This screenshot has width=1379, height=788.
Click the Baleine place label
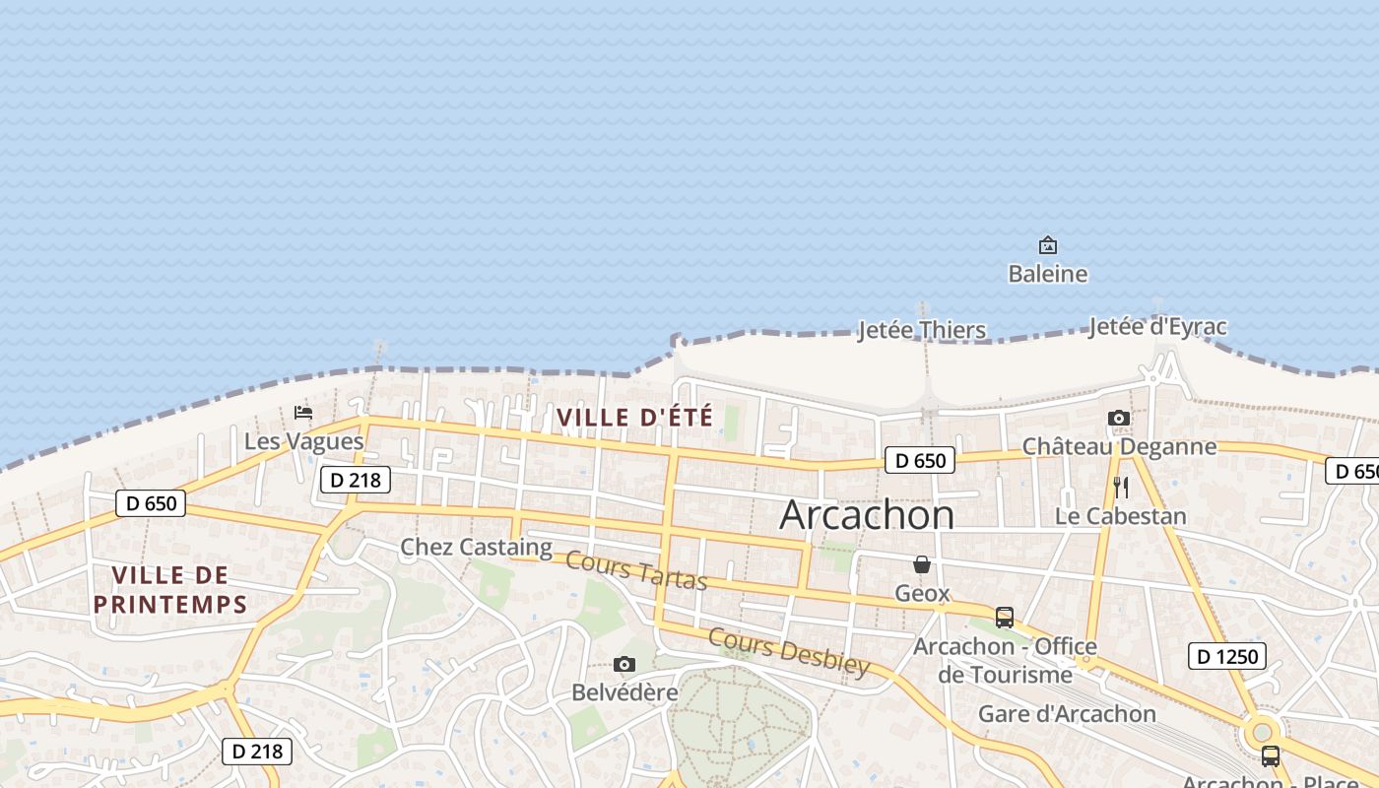click(1047, 274)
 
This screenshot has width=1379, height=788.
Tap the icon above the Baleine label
click(1047, 244)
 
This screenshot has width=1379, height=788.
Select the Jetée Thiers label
click(921, 330)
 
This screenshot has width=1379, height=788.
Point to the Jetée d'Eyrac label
click(1157, 327)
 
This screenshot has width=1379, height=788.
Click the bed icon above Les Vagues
click(303, 412)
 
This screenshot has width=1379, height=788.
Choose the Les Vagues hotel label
click(303, 441)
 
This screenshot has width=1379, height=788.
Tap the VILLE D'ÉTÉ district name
click(634, 417)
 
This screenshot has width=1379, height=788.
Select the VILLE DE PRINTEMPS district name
click(169, 589)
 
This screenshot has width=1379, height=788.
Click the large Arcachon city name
click(867, 515)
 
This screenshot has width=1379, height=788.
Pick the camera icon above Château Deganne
click(1118, 418)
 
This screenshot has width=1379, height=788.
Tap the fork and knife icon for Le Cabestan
click(1120, 487)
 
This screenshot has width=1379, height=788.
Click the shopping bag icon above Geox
click(922, 564)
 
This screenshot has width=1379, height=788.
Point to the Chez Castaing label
click(476, 547)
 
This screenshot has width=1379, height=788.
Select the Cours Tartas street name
click(636, 571)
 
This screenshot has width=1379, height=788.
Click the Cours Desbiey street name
click(788, 651)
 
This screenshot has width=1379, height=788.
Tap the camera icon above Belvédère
click(624, 664)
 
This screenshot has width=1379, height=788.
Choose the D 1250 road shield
click(1226, 656)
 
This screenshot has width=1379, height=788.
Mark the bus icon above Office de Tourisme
click(1004, 618)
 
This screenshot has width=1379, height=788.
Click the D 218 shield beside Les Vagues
click(356, 480)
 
